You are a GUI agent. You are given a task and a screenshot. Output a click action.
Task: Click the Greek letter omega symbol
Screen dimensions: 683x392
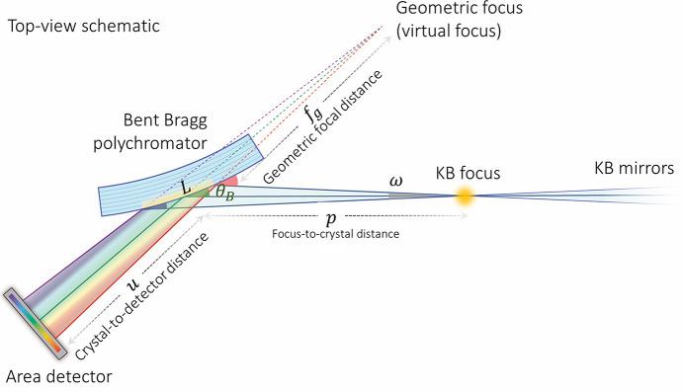(x=396, y=181)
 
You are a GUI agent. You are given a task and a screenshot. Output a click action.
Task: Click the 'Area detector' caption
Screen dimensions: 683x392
(x=56, y=376)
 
